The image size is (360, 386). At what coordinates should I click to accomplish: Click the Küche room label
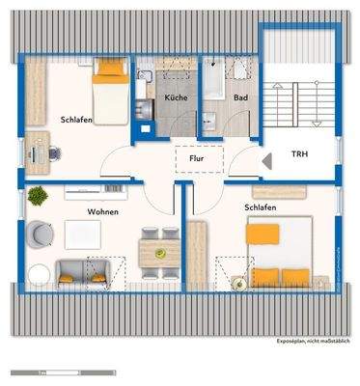pyautogui.click(x=175, y=99)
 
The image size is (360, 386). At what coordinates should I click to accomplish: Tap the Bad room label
pyautogui.click(x=240, y=99)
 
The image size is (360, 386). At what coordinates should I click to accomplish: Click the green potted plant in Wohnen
pyautogui.click(x=38, y=197)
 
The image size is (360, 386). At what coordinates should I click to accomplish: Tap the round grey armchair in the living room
pyautogui.click(x=42, y=233)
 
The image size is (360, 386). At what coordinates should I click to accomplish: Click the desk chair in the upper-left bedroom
pyautogui.click(x=54, y=151)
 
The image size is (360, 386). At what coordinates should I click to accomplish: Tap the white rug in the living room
pyautogui.click(x=82, y=233)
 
